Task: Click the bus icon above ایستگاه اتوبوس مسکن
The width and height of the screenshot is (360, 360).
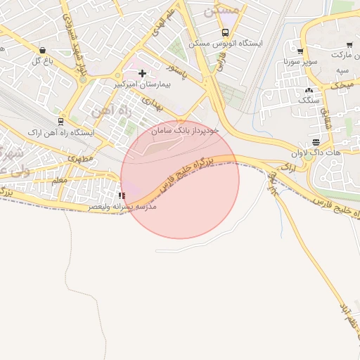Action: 225,32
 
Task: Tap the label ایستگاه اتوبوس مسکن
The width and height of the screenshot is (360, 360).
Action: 230,44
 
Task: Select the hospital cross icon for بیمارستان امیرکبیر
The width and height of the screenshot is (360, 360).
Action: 142,73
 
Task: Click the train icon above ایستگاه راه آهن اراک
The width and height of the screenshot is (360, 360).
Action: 56,122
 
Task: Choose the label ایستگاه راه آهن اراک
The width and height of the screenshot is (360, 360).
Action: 56,131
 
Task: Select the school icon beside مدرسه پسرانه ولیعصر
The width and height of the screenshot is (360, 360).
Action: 122,196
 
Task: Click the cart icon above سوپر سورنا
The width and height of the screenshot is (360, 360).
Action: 300,51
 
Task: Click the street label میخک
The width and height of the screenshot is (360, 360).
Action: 345,84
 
